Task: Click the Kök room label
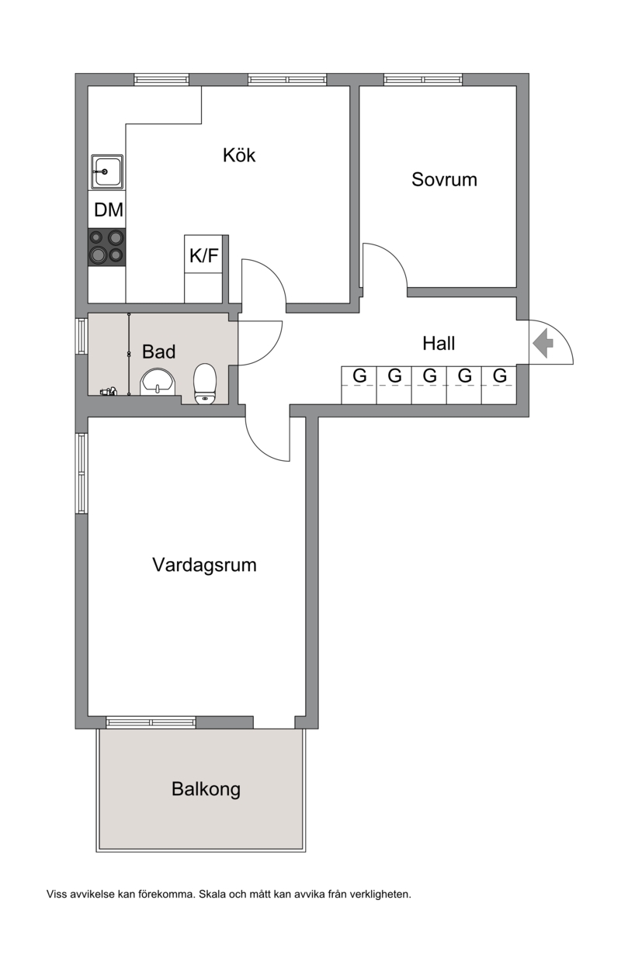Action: click(238, 155)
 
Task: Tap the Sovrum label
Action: click(444, 179)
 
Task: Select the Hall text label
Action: click(439, 344)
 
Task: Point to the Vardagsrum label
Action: click(204, 565)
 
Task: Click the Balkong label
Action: click(206, 789)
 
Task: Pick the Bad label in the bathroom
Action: click(158, 351)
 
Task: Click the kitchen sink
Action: click(107, 171)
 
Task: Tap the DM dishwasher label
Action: click(108, 210)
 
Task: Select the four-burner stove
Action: click(107, 248)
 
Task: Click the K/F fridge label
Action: click(203, 255)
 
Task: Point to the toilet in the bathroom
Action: click(205, 384)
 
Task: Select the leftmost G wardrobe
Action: click(359, 386)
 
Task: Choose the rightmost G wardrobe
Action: click(499, 386)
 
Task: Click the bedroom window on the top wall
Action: click(423, 79)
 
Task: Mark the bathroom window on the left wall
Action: click(82, 336)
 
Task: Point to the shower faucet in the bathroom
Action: click(109, 391)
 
